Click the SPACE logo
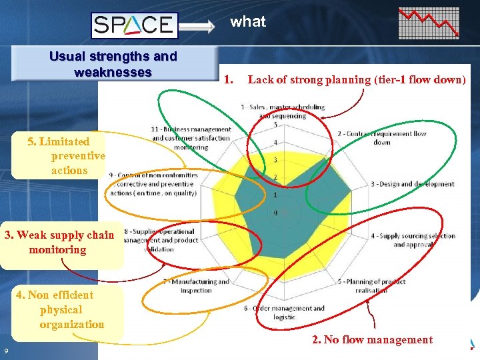(134, 25)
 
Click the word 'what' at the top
(248, 21)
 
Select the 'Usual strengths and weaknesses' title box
(113, 64)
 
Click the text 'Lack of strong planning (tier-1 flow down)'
(357, 79)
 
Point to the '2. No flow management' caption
(372, 340)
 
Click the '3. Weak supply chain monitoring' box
(59, 243)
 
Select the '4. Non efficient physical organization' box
(62, 310)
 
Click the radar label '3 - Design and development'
(413, 184)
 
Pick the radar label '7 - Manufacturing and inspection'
(196, 286)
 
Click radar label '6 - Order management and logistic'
(285, 312)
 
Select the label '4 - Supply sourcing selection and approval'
(413, 240)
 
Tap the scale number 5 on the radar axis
(276, 125)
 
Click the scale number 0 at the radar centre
(276, 213)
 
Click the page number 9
(5, 351)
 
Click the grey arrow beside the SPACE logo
(198, 26)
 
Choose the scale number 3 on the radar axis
(276, 160)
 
